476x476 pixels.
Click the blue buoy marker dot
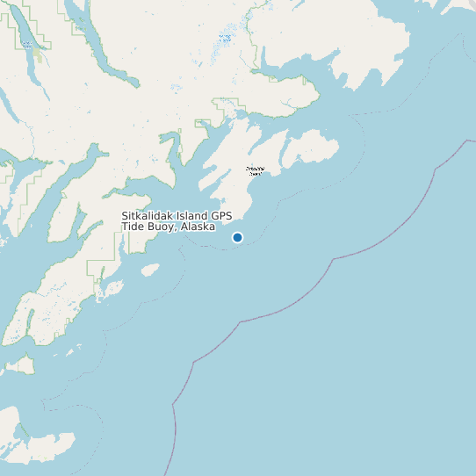[x=237, y=237]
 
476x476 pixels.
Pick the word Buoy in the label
[x=161, y=227]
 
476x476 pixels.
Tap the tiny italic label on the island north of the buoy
[x=255, y=170]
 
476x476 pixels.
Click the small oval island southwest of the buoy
[x=151, y=269]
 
